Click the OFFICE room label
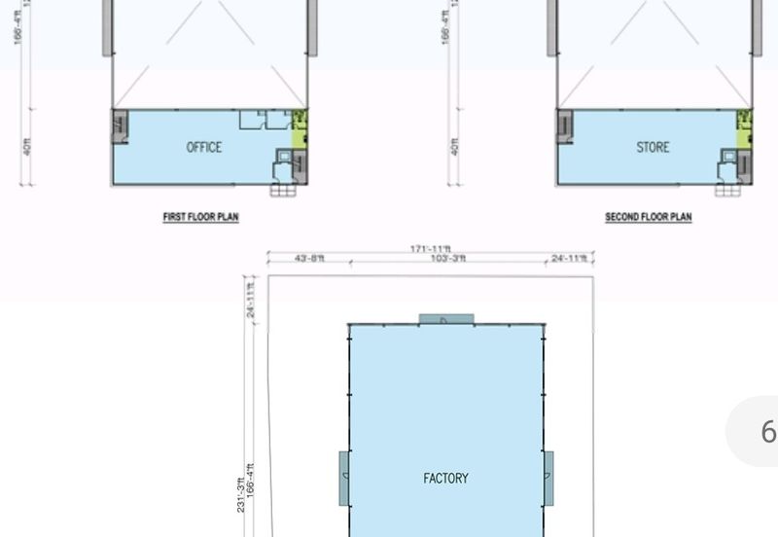pyautogui.click(x=204, y=147)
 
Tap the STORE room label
pyautogui.click(x=653, y=147)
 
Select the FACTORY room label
pyautogui.click(x=445, y=478)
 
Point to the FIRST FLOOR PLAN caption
pyautogui.click(x=200, y=217)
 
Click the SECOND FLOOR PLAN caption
pyautogui.click(x=648, y=217)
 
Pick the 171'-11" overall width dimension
pyautogui.click(x=431, y=250)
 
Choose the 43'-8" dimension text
pyautogui.click(x=309, y=259)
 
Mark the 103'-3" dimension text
pyautogui.click(x=448, y=259)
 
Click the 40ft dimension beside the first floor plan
pyautogui.click(x=27, y=147)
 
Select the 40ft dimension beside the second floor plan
pyautogui.click(x=454, y=147)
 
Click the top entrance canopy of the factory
pyautogui.click(x=446, y=319)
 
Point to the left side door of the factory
pyautogui.click(x=344, y=478)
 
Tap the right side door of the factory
pyautogui.click(x=548, y=478)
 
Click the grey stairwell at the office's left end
pyautogui.click(x=120, y=127)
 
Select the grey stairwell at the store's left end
pyautogui.click(x=565, y=127)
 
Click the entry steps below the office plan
pyautogui.click(x=282, y=190)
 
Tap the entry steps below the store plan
pyautogui.click(x=727, y=190)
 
